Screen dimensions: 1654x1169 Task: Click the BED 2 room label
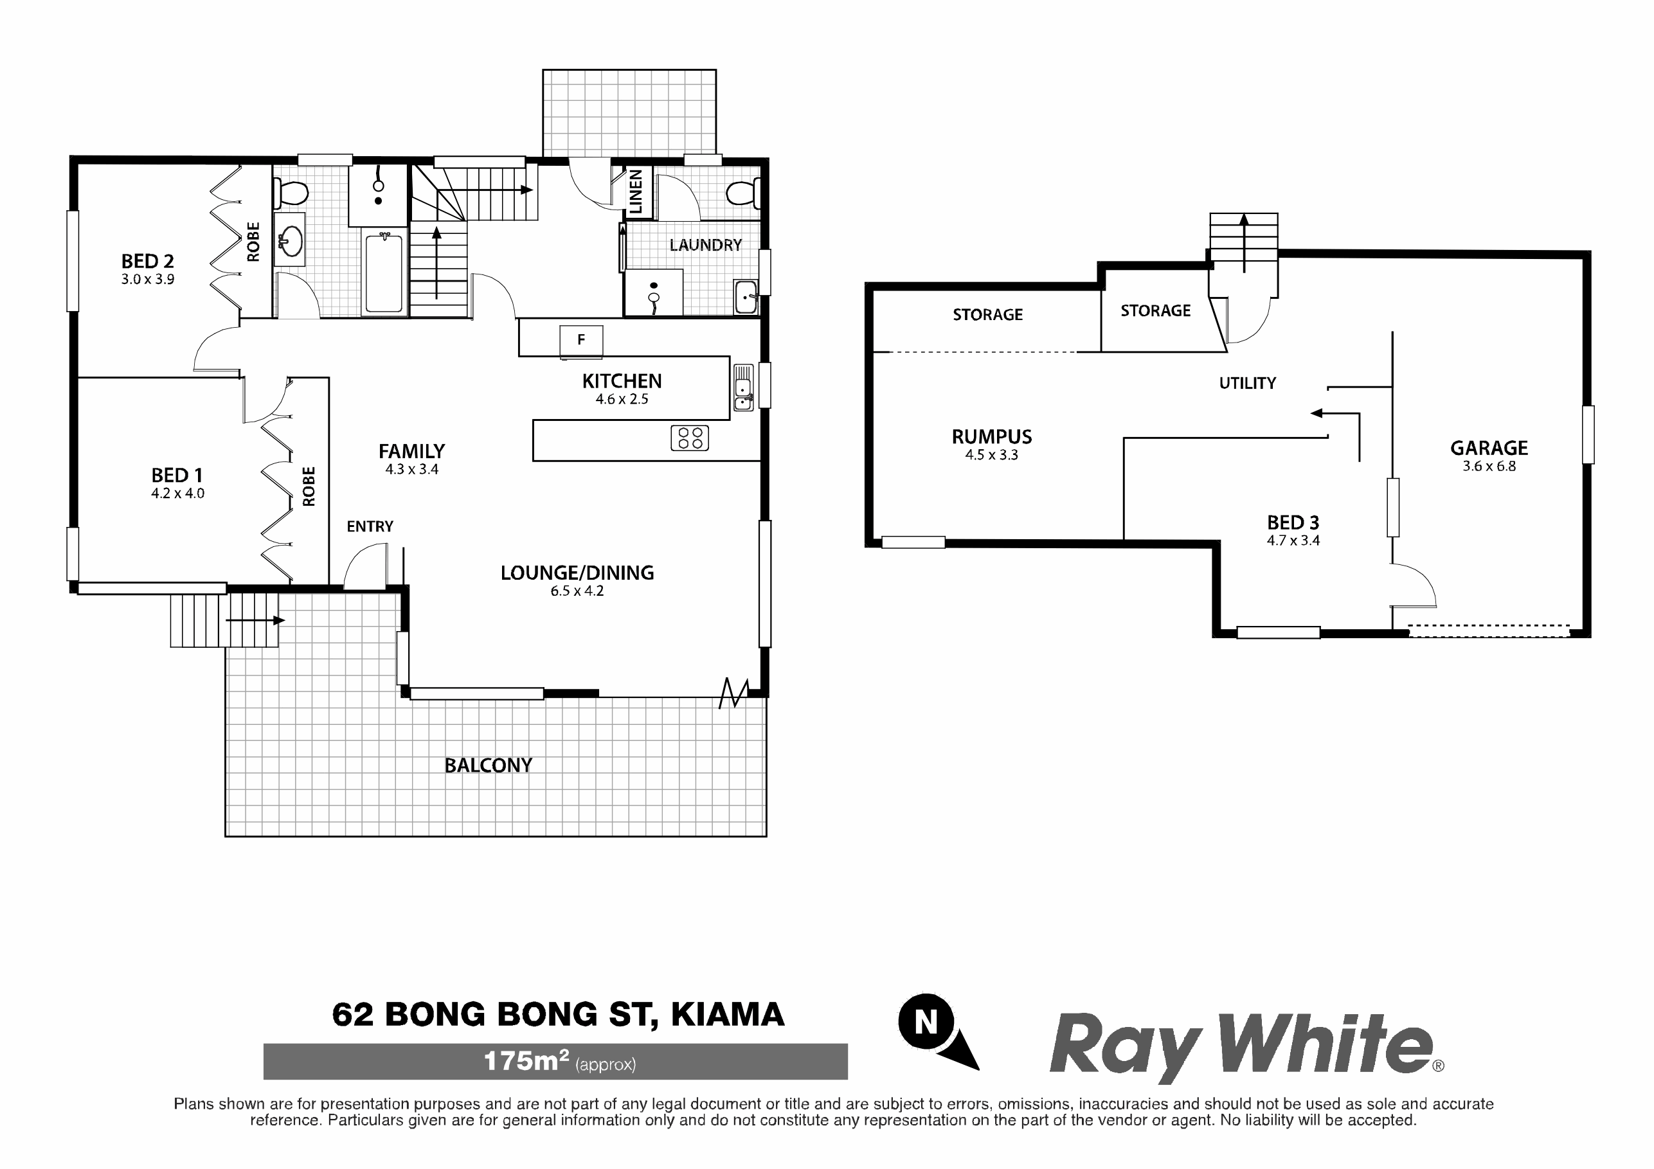[148, 261]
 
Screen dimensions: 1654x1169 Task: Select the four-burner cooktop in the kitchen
[689, 438]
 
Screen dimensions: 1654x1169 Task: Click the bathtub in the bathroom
[384, 273]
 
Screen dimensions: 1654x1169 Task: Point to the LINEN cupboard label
[635, 192]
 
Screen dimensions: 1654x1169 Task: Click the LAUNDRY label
[705, 245]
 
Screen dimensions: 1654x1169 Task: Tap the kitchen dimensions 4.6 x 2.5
[622, 399]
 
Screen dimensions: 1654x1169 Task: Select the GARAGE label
[1489, 448]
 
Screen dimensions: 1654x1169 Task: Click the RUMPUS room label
[992, 436]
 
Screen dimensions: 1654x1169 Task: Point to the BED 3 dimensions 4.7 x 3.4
[1294, 540]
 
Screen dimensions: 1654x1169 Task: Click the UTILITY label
[1248, 383]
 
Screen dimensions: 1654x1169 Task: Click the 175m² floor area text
[560, 1061]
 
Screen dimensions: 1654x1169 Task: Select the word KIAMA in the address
[728, 1014]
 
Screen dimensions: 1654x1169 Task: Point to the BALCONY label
[489, 765]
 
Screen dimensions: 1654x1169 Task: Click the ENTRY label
[370, 526]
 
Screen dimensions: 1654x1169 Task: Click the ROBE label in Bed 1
[309, 486]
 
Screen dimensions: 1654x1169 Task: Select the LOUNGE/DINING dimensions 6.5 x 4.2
[577, 591]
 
